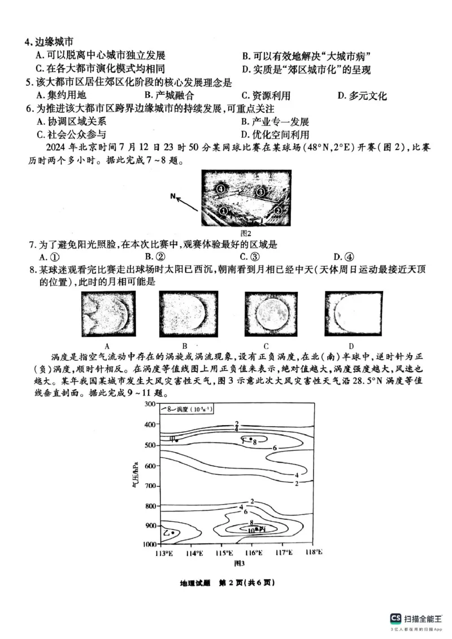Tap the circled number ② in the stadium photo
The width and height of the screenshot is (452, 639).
[x=277, y=210]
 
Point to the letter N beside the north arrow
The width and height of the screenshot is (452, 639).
[x=176, y=197]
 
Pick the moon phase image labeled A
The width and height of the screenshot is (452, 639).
[x=107, y=314]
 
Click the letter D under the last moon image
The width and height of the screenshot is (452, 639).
[x=351, y=346]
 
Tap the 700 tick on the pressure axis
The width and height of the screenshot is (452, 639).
[x=150, y=485]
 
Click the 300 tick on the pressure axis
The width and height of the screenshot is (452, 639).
[x=150, y=404]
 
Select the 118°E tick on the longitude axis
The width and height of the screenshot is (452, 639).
[x=313, y=552]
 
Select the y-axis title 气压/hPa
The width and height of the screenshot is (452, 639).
[x=136, y=474]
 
